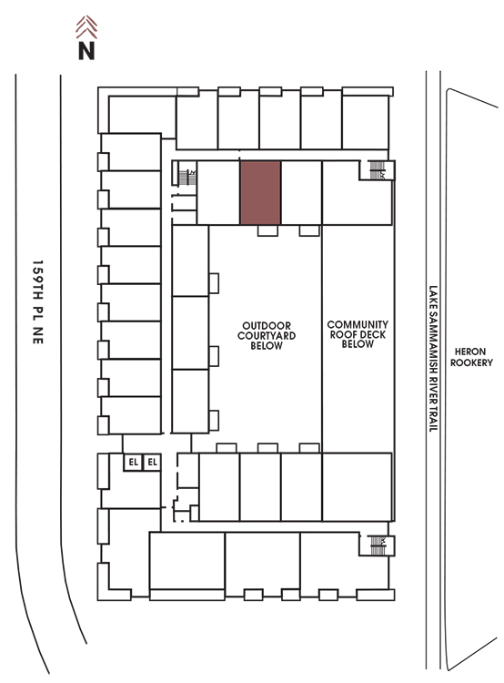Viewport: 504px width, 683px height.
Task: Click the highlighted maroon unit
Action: [260, 192]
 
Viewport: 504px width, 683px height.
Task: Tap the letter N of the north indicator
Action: [86, 50]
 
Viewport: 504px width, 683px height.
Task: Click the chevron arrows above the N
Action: [86, 27]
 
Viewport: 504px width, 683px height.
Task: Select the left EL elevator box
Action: [133, 462]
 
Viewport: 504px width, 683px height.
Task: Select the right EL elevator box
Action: [152, 462]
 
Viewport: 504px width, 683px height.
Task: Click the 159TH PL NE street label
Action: [38, 302]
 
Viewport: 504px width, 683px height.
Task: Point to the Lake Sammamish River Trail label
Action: [433, 359]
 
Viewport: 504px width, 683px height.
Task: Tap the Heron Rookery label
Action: [471, 357]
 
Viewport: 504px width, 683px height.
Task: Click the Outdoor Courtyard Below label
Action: [267, 335]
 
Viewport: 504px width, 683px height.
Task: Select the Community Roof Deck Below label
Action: [358, 334]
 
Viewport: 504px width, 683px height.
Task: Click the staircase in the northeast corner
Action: [377, 170]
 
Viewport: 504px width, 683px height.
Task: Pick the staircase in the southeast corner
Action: [378, 545]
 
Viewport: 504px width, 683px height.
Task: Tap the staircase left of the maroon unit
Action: [187, 175]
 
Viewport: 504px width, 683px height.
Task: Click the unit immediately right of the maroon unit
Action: [302, 192]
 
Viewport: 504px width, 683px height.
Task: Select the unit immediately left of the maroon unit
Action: [218, 192]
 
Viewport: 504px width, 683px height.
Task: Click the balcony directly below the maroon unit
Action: [267, 230]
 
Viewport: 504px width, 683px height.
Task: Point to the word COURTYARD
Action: [267, 335]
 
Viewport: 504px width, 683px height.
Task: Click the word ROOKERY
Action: [471, 362]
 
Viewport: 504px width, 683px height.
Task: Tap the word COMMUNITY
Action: [358, 324]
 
